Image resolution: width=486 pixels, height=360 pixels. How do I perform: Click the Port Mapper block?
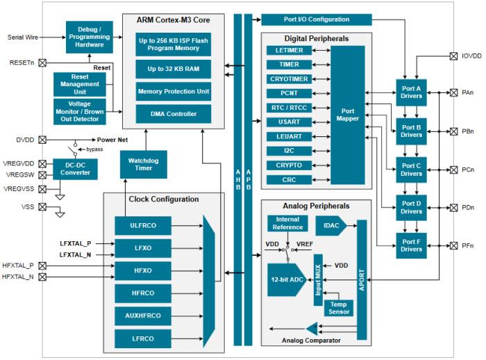[x=347, y=115]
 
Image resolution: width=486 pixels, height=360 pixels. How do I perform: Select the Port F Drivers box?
[x=411, y=245]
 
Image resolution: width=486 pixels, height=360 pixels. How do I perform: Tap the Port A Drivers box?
[x=411, y=92]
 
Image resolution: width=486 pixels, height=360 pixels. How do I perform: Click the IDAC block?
[x=330, y=226]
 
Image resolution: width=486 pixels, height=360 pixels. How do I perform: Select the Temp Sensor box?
[x=338, y=307]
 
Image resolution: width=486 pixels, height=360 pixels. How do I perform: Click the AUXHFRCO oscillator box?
[x=143, y=316]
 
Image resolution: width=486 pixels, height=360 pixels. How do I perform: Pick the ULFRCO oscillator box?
[x=143, y=225]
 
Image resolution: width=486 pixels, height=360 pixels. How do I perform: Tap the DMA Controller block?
[x=174, y=114]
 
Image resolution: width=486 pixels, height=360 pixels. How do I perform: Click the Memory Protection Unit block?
[x=174, y=91]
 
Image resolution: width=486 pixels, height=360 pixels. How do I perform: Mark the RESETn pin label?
[x=21, y=63]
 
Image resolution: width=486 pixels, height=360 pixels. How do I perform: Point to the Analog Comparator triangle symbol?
[x=312, y=328]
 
